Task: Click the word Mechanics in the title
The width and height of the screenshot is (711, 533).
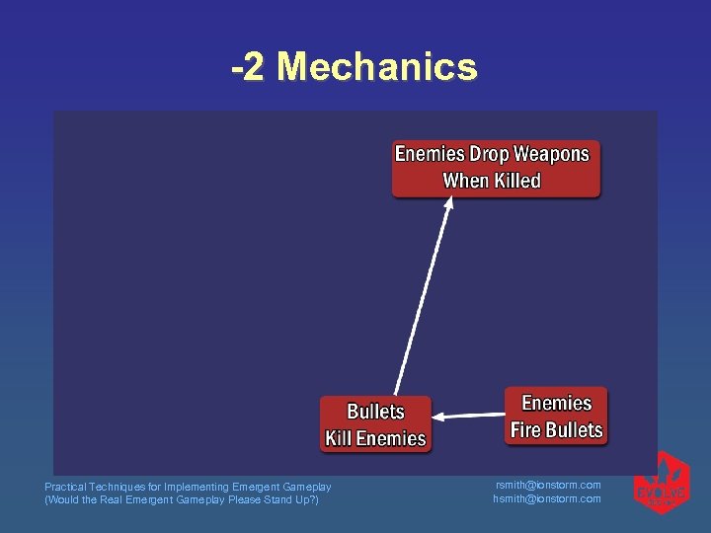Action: point(377,68)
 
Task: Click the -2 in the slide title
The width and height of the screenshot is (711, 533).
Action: point(250,68)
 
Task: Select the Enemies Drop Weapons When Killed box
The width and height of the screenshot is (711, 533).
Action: point(496,168)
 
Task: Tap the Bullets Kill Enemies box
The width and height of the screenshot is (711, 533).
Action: point(375,424)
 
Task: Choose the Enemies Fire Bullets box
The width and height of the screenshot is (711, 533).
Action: point(556,417)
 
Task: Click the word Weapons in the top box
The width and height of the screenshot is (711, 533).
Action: point(550,154)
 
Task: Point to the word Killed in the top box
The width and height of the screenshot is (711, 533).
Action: point(517,181)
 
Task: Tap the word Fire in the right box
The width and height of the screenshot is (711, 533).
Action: point(528,430)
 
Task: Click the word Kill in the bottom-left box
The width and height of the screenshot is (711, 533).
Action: point(342,439)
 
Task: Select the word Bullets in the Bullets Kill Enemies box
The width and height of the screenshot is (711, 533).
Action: point(375,412)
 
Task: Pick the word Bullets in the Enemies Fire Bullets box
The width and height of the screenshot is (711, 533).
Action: point(575,430)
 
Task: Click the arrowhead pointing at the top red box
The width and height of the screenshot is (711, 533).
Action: point(448,203)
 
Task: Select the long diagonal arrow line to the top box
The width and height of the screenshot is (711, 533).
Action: point(423,296)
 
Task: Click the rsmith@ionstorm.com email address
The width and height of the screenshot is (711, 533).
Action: point(547,485)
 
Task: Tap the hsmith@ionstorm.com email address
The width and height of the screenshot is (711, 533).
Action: point(547,498)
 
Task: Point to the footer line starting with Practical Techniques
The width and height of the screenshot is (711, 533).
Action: point(188,487)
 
